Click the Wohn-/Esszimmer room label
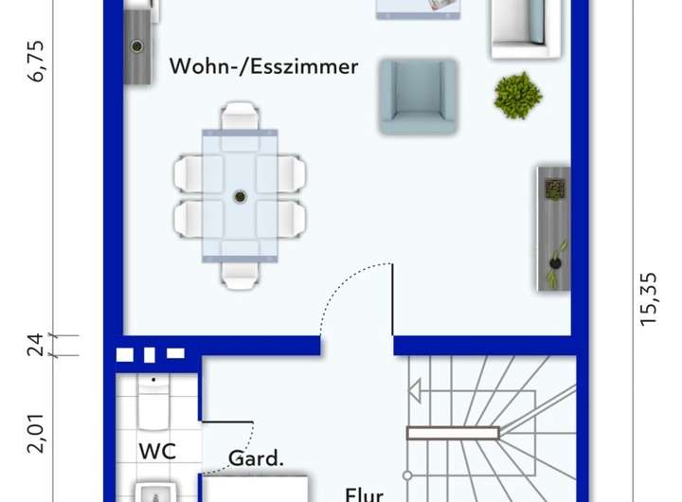pyautogui.click(x=263, y=66)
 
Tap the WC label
pyautogui.click(x=156, y=451)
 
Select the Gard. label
pyautogui.click(x=255, y=459)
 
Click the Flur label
pyautogui.click(x=364, y=494)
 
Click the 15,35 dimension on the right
pyautogui.click(x=649, y=298)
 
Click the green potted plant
pyautogui.click(x=517, y=95)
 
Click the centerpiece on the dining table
pyautogui.click(x=240, y=197)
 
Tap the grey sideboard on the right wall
pyautogui.click(x=553, y=228)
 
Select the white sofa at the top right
pyautogui.click(x=517, y=25)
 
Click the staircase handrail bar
pyautogui.click(x=452, y=433)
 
